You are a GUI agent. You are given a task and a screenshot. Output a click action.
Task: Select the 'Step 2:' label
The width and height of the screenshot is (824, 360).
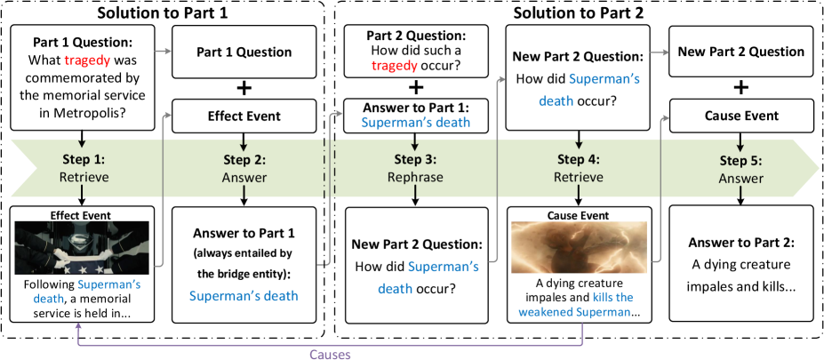click(x=244, y=160)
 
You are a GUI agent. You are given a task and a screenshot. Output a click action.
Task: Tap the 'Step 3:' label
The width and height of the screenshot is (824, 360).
click(x=415, y=160)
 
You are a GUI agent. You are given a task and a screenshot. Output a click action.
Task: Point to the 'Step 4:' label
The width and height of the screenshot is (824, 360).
click(x=579, y=160)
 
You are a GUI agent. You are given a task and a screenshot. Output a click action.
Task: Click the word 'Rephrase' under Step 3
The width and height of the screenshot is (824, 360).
click(x=415, y=177)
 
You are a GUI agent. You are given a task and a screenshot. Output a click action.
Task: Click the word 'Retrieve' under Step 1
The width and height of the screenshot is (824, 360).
click(x=84, y=177)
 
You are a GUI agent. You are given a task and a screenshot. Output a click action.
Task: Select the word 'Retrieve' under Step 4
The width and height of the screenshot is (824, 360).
click(x=579, y=177)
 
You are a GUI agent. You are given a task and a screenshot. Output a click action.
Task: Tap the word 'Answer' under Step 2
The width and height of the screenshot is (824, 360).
click(x=244, y=178)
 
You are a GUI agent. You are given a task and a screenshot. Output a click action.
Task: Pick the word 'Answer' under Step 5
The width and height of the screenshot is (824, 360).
click(x=740, y=178)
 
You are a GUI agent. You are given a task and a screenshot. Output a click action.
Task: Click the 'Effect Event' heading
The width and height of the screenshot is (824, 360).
click(x=84, y=214)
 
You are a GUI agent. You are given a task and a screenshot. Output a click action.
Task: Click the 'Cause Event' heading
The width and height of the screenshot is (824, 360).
click(x=579, y=215)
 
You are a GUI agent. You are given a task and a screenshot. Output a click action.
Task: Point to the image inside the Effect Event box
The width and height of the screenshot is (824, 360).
click(x=84, y=247)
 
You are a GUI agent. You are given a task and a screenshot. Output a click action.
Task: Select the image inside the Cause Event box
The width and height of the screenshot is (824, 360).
click(x=579, y=248)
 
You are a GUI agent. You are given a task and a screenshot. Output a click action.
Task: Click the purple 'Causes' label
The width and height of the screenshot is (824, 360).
click(x=330, y=354)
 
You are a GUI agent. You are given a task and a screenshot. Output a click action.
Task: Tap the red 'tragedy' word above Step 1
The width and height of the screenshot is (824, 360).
click(x=88, y=60)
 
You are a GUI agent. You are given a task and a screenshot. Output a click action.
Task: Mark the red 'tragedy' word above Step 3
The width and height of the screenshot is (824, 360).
click(x=394, y=66)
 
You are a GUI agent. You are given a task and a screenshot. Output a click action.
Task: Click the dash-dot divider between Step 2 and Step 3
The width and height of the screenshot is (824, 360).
click(x=334, y=169)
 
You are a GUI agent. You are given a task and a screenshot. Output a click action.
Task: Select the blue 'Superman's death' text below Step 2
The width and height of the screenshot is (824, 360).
click(x=244, y=296)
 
